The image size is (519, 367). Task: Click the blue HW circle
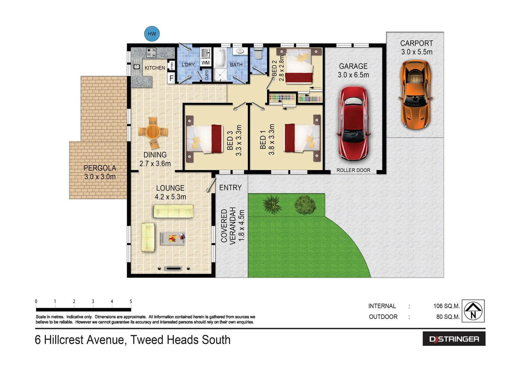[x=152, y=34]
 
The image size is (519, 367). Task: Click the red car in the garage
[x=353, y=123]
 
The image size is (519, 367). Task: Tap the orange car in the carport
[x=415, y=94]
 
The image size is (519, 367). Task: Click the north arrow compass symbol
[x=473, y=311]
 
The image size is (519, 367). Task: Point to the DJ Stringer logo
[x=454, y=339]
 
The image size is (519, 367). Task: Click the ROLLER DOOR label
[x=353, y=170]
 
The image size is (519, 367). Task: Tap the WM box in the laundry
[x=205, y=63]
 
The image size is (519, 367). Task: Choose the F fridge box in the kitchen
[x=172, y=78]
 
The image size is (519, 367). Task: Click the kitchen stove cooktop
[x=151, y=53]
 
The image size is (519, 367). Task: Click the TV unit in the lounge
[x=173, y=268]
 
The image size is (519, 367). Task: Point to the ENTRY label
[x=230, y=188]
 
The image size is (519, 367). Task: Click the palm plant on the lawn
[x=272, y=204]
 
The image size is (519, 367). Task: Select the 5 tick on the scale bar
[x=131, y=301]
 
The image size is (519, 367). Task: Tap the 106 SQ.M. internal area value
[x=446, y=306]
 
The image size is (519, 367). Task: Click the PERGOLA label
[x=100, y=168]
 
